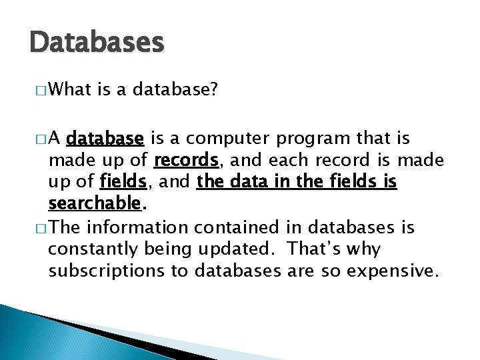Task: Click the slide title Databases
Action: (x=97, y=43)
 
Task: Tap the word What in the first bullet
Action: (x=70, y=89)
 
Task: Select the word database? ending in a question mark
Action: (x=175, y=89)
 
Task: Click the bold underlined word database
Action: (x=105, y=139)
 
